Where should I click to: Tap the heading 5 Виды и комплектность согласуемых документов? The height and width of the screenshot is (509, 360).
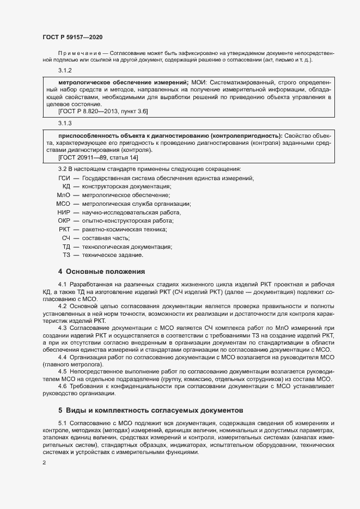pos(150,409)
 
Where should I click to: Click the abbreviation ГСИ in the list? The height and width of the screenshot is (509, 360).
pos(64,179)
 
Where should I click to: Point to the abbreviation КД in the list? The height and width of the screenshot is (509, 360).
pos(66,186)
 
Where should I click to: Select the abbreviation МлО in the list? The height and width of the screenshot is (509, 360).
pos(64,194)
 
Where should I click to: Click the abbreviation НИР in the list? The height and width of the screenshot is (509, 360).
pos(64,212)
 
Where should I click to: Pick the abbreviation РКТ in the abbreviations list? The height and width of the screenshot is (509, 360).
pos(65,229)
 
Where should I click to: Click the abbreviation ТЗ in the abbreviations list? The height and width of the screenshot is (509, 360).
pos(66,255)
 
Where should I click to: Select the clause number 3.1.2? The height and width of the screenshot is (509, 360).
pos(65,71)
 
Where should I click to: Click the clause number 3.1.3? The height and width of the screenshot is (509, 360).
pos(65,124)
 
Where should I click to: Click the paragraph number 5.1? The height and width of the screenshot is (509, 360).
pos(62,423)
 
